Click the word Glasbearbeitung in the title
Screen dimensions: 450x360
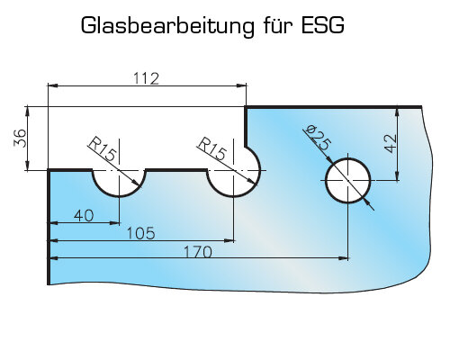(x=167, y=26)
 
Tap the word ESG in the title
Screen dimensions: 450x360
(x=322, y=25)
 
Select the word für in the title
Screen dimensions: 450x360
(x=277, y=25)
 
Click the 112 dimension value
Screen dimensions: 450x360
(x=146, y=78)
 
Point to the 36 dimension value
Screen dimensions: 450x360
(x=20, y=138)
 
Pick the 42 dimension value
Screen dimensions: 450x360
(x=391, y=143)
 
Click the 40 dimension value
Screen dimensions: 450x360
(x=84, y=216)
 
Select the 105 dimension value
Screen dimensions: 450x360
(x=141, y=233)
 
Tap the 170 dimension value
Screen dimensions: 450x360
(x=198, y=252)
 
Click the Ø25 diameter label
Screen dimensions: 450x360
(x=318, y=138)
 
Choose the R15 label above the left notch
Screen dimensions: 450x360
(x=102, y=148)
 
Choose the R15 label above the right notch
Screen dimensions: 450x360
(x=211, y=148)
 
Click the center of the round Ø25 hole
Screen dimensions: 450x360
(x=347, y=181)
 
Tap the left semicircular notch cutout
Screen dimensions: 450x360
(x=120, y=196)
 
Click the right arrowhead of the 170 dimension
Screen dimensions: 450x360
(x=344, y=257)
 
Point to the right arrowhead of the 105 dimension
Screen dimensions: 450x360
(x=229, y=240)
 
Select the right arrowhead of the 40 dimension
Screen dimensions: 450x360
(x=115, y=223)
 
